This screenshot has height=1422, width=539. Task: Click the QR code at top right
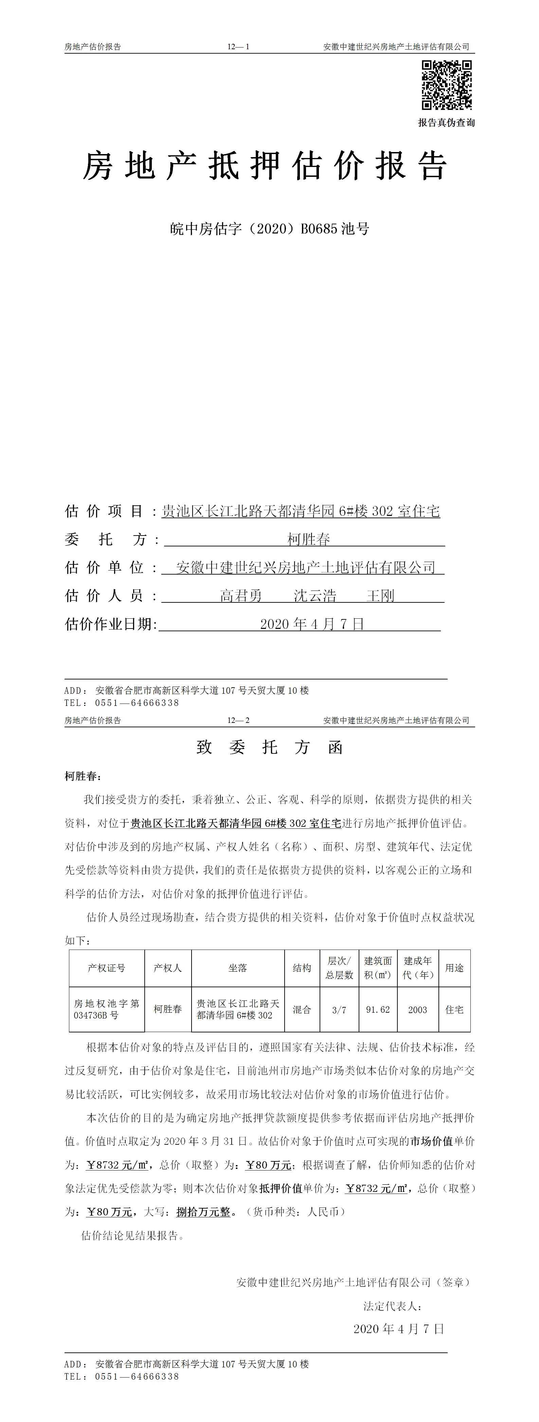(x=446, y=85)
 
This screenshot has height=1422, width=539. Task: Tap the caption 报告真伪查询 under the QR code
(x=446, y=123)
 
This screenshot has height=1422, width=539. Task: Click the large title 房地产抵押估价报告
(x=265, y=166)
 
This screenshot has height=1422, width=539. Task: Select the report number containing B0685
(x=270, y=228)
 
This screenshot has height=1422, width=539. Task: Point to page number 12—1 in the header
(x=238, y=47)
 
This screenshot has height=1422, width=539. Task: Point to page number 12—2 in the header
(x=238, y=721)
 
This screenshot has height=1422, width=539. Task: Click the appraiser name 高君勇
(x=241, y=596)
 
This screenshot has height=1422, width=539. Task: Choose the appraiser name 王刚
(x=380, y=596)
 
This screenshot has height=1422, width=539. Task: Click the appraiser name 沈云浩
(x=315, y=596)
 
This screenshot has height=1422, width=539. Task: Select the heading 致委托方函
(x=270, y=747)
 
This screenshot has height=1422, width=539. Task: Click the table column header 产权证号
(x=107, y=968)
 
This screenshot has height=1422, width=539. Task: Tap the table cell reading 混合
(x=302, y=1010)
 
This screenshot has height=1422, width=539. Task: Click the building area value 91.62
(x=378, y=1010)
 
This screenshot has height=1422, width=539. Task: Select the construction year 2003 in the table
(x=417, y=1010)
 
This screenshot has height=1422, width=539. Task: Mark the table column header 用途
(x=454, y=968)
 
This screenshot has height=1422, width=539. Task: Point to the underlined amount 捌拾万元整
(x=203, y=1212)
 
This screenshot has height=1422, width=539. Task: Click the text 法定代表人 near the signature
(x=392, y=1306)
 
